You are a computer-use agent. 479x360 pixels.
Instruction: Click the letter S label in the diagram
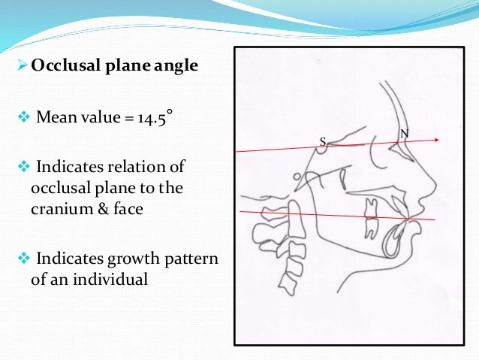point(323,141)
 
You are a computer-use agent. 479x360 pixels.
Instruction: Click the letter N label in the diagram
point(405,134)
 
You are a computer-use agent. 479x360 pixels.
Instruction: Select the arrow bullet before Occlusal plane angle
point(21,65)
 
